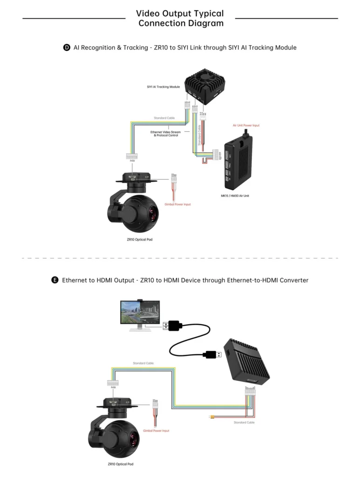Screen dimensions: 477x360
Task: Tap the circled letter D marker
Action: pyautogui.click(x=67, y=48)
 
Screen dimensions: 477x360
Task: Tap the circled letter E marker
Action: pyautogui.click(x=55, y=280)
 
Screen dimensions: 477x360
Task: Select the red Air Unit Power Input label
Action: pyautogui.click(x=246, y=125)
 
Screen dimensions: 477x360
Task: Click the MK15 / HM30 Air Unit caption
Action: pyautogui.click(x=235, y=196)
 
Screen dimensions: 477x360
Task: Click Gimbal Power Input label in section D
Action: pyautogui.click(x=177, y=204)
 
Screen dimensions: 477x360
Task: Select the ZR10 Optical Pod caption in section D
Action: pyautogui.click(x=140, y=239)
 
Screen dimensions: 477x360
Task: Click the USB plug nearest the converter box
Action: pyautogui.click(x=212, y=355)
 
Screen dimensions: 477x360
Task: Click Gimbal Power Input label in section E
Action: pyautogui.click(x=156, y=431)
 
